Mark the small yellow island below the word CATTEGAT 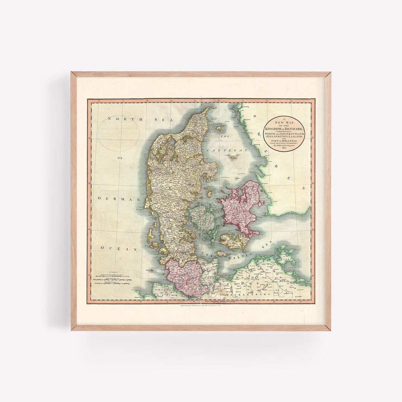pos(234,158)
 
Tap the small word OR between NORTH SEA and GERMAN pos(120,158)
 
